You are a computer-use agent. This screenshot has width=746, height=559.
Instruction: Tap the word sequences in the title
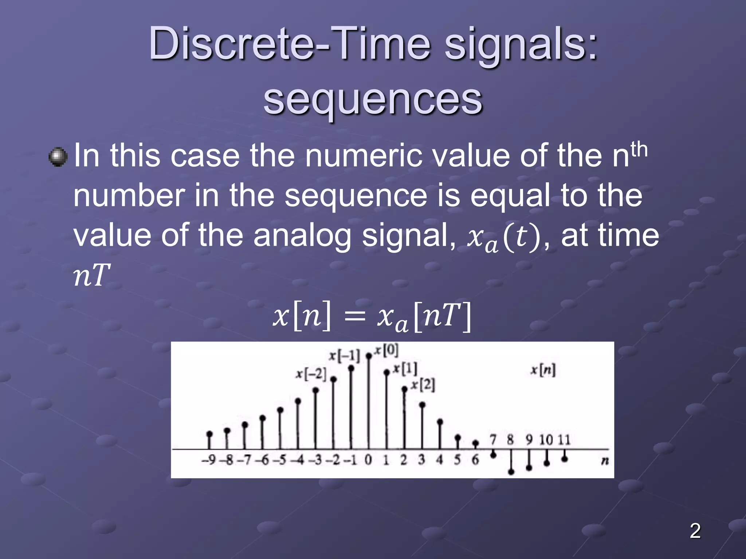pyautogui.click(x=373, y=99)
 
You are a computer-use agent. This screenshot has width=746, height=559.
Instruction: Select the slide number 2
pyautogui.click(x=695, y=531)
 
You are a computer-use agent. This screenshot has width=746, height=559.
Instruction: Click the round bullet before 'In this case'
pyautogui.click(x=58, y=157)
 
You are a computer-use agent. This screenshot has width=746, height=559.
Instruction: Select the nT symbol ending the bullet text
pyautogui.click(x=91, y=275)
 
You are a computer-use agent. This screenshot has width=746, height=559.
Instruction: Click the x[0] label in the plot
pyautogui.click(x=387, y=350)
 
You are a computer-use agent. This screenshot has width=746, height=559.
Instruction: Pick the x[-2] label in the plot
pyautogui.click(x=311, y=374)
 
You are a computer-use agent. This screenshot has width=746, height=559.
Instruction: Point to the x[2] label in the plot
pyautogui.click(x=423, y=385)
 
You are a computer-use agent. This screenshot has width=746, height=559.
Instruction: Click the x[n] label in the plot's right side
pyautogui.click(x=543, y=370)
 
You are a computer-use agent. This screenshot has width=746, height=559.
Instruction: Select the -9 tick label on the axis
pyautogui.click(x=209, y=460)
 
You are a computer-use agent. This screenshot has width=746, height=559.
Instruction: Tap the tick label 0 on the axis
pyautogui.click(x=368, y=460)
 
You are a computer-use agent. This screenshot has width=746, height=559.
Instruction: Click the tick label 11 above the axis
pyautogui.click(x=564, y=440)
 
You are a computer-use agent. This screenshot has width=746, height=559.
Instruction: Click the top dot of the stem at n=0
pyautogui.click(x=369, y=356)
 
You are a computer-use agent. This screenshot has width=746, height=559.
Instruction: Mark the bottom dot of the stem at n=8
pyautogui.click(x=511, y=472)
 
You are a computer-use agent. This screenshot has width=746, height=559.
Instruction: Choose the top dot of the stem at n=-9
pyautogui.click(x=209, y=434)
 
